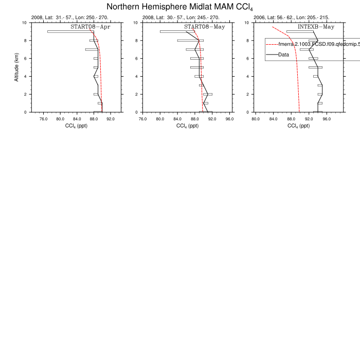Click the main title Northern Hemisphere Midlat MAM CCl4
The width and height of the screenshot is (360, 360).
coord(181,7)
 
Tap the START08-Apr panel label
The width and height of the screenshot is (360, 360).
coord(91,26)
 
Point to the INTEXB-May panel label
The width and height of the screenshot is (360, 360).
coord(316,26)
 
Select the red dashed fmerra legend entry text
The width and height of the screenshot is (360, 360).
coord(319,45)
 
